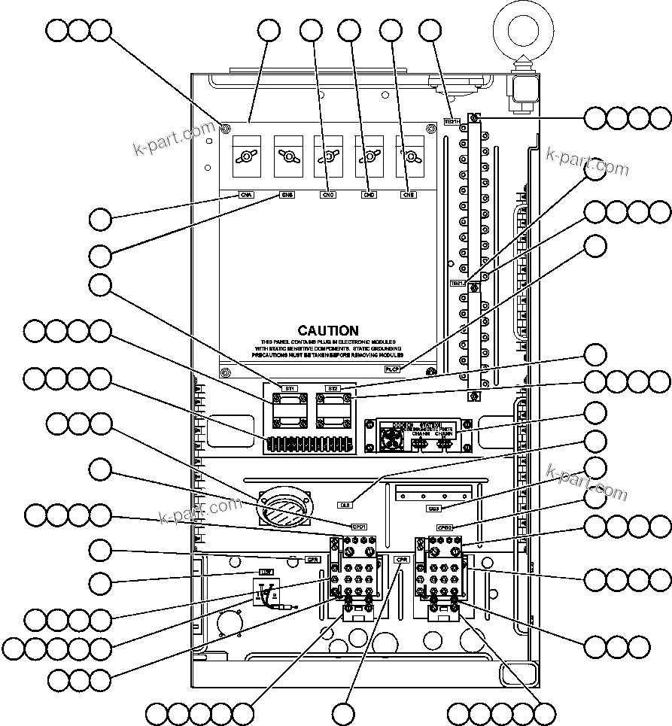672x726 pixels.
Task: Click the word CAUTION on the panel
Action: pos(328,330)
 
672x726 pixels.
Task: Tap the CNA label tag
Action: pos(246,195)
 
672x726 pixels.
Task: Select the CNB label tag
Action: pos(287,195)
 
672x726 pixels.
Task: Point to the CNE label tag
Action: pos(409,195)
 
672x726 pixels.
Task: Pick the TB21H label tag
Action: pos(451,120)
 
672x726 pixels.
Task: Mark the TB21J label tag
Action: pos(457,284)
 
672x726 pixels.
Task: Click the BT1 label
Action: pos(289,388)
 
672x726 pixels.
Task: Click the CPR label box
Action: pos(401,559)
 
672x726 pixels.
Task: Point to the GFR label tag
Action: pos(312,559)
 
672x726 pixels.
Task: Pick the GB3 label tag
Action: pos(433,509)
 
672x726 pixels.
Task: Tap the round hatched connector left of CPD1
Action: pos(283,508)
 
